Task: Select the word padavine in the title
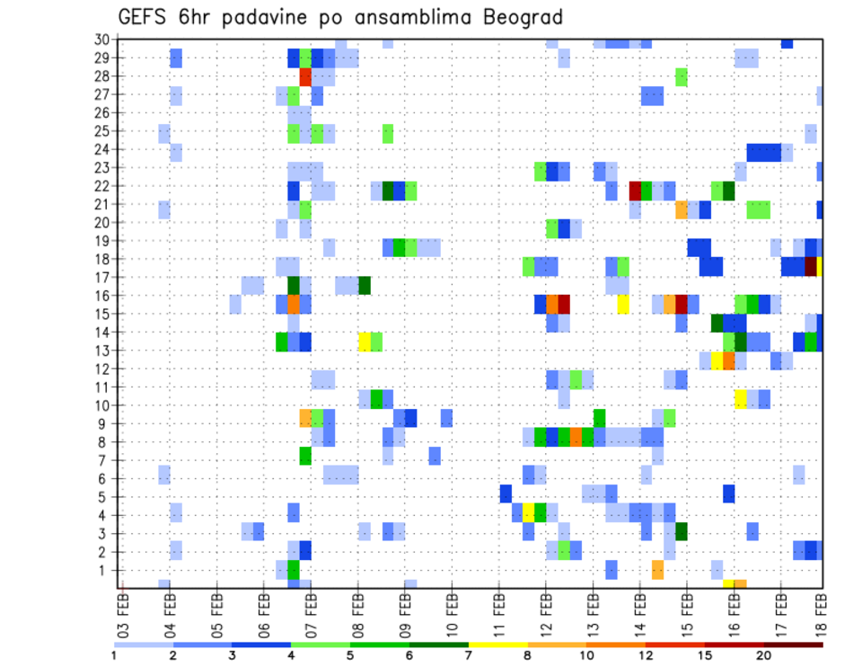(252, 19)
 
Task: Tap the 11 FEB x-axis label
(498, 609)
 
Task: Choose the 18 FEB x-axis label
(820, 609)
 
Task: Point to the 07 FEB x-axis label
(311, 609)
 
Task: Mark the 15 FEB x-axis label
(686, 609)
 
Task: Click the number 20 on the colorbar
(763, 655)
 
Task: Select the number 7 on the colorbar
(469, 655)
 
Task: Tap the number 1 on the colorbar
(114, 655)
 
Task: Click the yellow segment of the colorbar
(497, 645)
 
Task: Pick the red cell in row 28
(305, 76)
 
